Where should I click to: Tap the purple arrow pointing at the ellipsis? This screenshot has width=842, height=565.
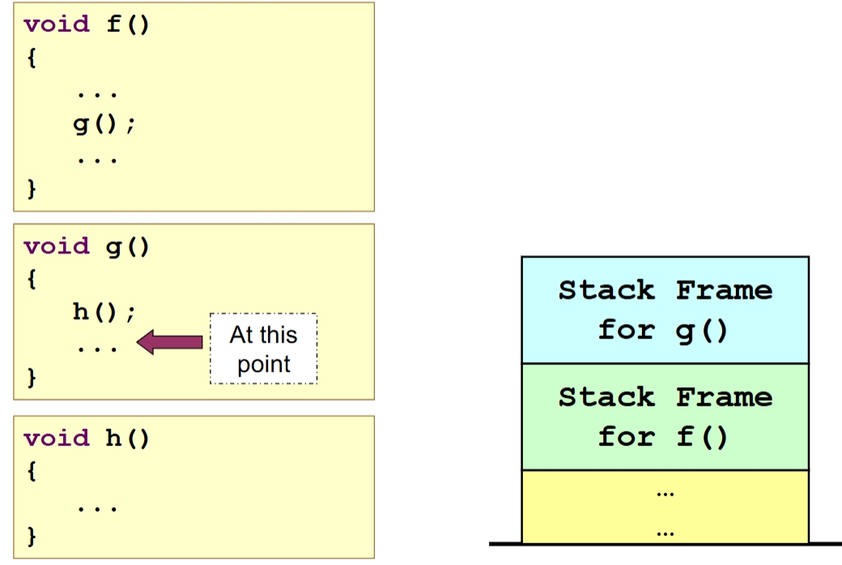pyautogui.click(x=169, y=342)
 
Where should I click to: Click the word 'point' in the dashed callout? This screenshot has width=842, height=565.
pyautogui.click(x=263, y=364)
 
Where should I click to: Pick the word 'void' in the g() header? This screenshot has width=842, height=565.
pyautogui.click(x=57, y=246)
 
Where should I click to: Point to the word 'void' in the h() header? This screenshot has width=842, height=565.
pyautogui.click(x=57, y=438)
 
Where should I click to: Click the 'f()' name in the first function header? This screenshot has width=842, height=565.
pyautogui.click(x=129, y=23)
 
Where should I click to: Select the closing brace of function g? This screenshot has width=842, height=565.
pyautogui.click(x=32, y=377)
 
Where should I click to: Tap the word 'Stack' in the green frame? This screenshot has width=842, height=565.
pyautogui.click(x=606, y=397)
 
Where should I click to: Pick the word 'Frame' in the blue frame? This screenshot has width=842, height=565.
pyautogui.click(x=724, y=290)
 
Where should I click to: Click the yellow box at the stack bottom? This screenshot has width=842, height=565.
pyautogui.click(x=665, y=507)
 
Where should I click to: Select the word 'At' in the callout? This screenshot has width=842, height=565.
pyautogui.click(x=242, y=335)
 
